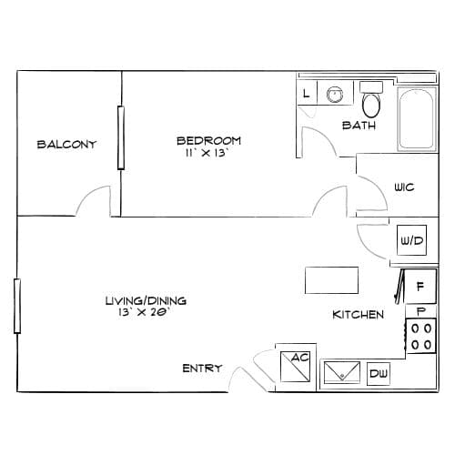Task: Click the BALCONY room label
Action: [x=66, y=145]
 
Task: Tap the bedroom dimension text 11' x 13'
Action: [x=207, y=153]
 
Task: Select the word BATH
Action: [x=359, y=126]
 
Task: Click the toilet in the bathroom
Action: [x=371, y=100]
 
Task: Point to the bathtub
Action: [x=416, y=119]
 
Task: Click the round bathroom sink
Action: [x=335, y=94]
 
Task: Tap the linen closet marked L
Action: [x=307, y=93]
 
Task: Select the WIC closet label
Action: [x=404, y=187]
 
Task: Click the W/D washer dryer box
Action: [x=411, y=240]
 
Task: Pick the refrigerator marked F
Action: [x=420, y=287]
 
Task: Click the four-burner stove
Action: [x=421, y=336]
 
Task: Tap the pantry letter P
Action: [x=421, y=311]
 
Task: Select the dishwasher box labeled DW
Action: [x=379, y=374]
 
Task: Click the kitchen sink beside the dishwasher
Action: [x=342, y=372]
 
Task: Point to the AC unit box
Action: [x=296, y=367]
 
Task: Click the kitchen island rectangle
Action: [x=331, y=280]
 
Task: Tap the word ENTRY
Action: [x=202, y=369]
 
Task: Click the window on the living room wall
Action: [x=17, y=306]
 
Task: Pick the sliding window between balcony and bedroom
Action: [x=121, y=137]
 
